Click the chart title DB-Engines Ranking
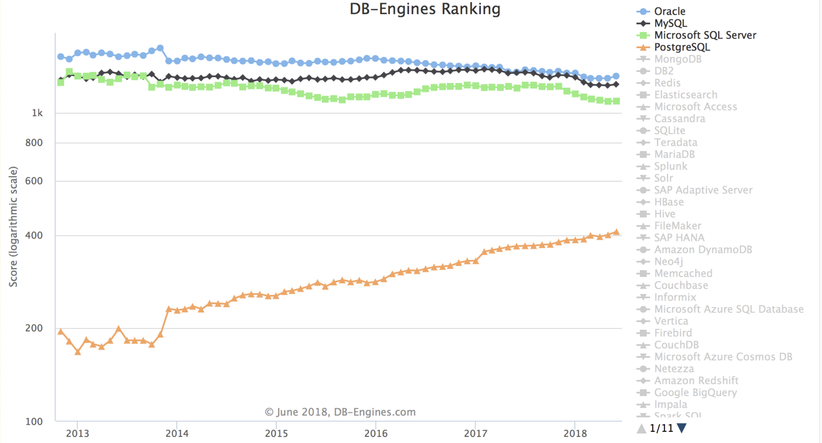[x=425, y=9]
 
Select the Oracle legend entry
[x=670, y=11]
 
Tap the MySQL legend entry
[x=670, y=23]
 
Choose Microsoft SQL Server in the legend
[x=705, y=35]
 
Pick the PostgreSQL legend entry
[x=682, y=47]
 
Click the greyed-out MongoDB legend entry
[x=678, y=59]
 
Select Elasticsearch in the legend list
[x=686, y=95]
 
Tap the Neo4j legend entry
[x=669, y=261]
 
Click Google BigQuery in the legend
[x=695, y=392]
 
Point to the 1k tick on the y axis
[x=37, y=113]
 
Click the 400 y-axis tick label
[x=34, y=236]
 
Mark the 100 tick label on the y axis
[x=34, y=421]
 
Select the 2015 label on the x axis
[x=276, y=433]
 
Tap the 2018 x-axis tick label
[x=575, y=433]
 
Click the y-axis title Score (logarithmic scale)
[x=13, y=227]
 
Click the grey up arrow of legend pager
[x=641, y=428]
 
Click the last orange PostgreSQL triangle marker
[x=616, y=232]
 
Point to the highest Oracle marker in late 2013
[x=160, y=48]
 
